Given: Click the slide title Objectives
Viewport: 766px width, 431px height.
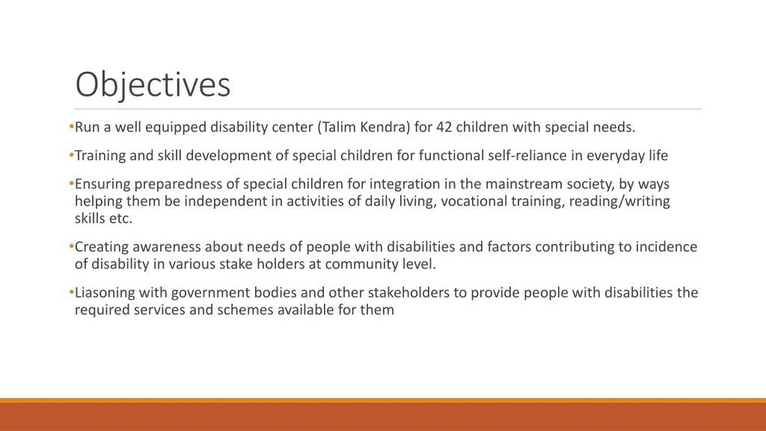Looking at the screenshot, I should [x=153, y=85].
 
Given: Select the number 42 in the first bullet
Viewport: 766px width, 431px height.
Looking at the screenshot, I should [x=444, y=127].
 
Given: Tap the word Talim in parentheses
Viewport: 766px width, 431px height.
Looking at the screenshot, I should [x=338, y=127].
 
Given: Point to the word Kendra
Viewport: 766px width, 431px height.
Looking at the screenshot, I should [x=384, y=127].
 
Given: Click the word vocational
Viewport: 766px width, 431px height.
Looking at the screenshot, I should [x=466, y=201].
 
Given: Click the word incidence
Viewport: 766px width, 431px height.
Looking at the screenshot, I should [x=667, y=247].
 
